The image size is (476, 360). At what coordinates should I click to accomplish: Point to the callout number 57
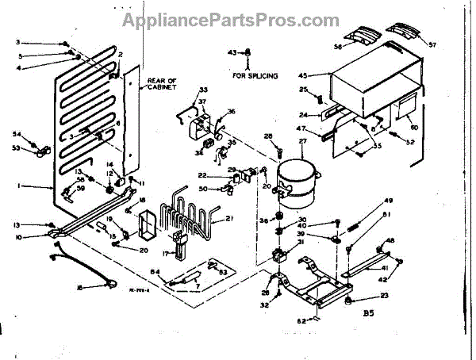point(433,44)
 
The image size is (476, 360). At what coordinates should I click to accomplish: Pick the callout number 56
point(338,47)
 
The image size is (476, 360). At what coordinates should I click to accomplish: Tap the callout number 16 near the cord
point(79,288)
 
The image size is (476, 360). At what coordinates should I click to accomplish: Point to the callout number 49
point(388,200)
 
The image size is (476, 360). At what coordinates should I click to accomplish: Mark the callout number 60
point(413,127)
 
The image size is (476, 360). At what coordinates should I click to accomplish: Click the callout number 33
point(181,90)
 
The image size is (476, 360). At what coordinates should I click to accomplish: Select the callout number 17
point(166,253)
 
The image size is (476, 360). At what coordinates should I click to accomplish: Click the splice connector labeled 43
point(248,54)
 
